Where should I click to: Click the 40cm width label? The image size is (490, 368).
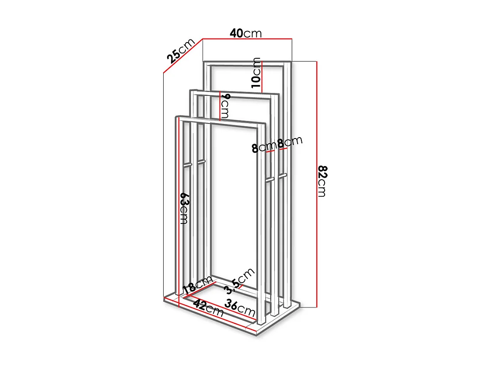(x=246, y=33)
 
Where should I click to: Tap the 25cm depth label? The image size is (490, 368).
(x=180, y=51)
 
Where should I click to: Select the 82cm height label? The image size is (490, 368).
(x=322, y=181)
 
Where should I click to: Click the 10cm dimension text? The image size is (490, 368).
(x=256, y=73)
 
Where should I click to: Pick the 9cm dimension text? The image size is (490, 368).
(x=224, y=106)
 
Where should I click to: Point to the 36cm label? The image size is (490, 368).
(x=240, y=308)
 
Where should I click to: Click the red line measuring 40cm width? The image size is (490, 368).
(x=246, y=39)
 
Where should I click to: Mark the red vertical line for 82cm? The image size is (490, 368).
(x=316, y=184)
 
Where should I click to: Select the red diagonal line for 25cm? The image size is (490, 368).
(x=183, y=56)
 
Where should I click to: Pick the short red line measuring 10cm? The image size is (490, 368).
(x=262, y=77)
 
